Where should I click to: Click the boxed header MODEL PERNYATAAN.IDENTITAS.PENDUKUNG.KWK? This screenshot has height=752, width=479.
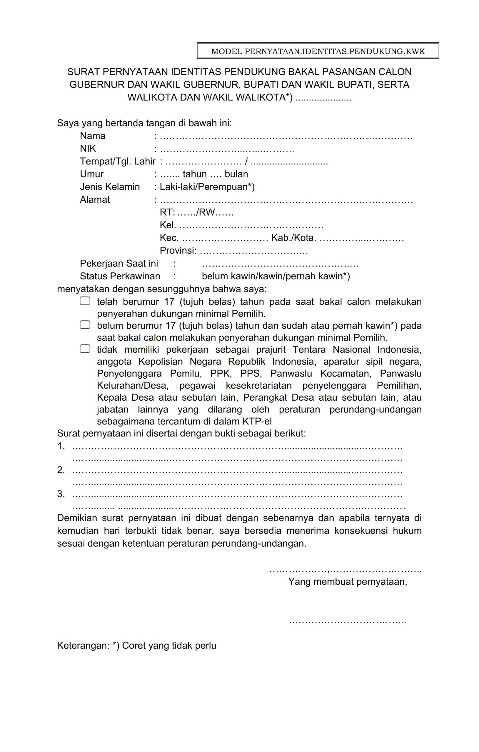click(318, 51)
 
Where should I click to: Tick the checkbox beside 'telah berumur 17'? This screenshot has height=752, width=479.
click(85, 301)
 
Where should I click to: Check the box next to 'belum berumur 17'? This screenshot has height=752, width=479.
click(85, 325)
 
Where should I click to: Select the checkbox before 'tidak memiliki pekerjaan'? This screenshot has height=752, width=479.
click(85, 349)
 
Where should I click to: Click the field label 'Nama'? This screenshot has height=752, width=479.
click(93, 136)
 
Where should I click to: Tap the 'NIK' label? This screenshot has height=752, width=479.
click(88, 149)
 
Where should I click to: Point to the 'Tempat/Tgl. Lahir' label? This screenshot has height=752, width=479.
click(118, 162)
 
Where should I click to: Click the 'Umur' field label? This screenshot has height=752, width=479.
click(92, 174)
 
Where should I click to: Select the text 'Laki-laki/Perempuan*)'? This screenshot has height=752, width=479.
click(207, 187)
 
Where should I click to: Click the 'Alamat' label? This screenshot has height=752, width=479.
click(95, 199)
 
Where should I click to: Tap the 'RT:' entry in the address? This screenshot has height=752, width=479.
click(167, 212)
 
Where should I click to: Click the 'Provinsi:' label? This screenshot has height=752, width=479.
click(178, 251)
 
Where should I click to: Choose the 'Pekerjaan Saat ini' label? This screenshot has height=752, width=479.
click(119, 263)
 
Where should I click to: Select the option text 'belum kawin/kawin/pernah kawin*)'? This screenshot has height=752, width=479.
click(276, 276)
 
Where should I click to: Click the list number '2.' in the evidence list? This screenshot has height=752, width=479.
click(61, 470)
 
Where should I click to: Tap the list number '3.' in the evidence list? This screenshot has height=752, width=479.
click(61, 494)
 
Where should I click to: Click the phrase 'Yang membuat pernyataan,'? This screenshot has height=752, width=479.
click(347, 582)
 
